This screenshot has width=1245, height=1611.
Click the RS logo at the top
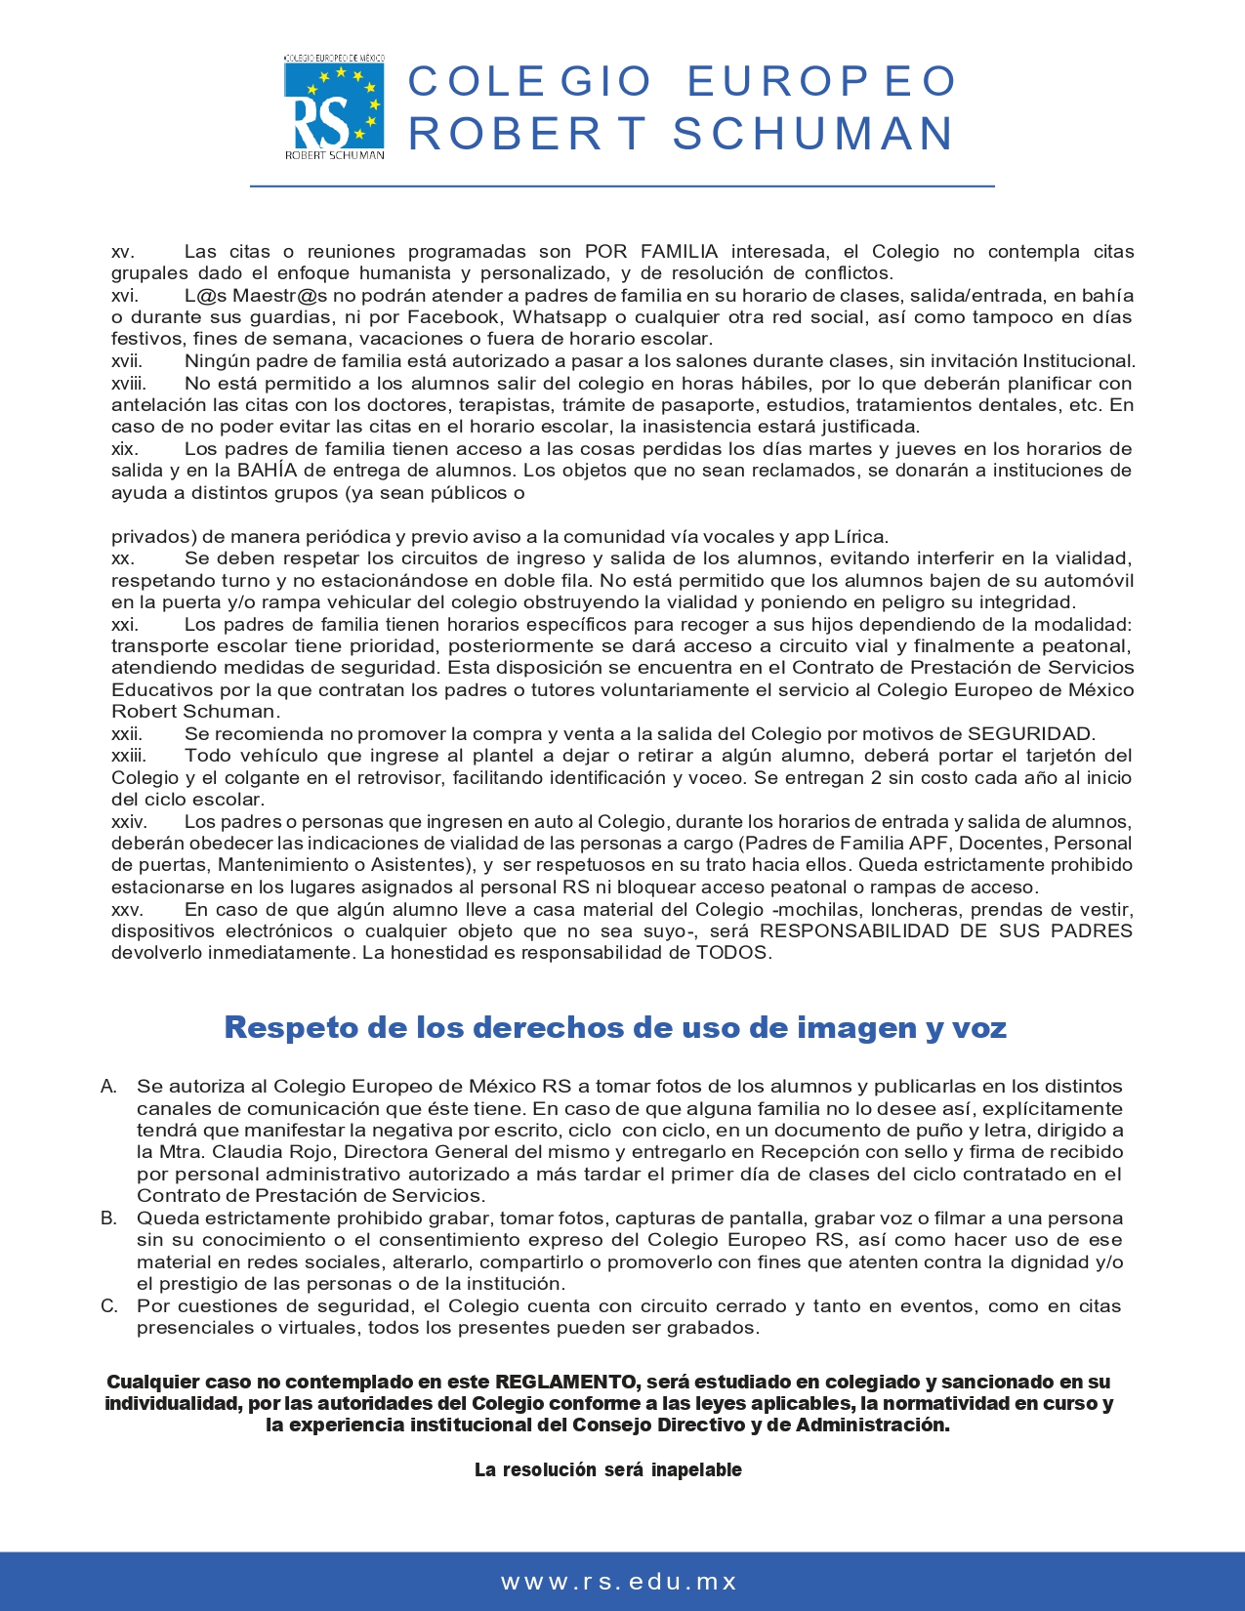334,106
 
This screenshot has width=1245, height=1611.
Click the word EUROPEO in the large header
822,82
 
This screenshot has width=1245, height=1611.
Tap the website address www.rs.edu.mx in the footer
619,1582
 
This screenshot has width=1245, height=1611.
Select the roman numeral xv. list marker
122,252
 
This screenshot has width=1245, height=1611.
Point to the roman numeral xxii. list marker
127,734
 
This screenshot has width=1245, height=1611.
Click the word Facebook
454,317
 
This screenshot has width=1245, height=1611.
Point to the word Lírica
860,537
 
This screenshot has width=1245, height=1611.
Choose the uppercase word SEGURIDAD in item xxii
1029,734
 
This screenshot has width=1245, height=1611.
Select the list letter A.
108,1087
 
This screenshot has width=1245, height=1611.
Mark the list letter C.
108,1306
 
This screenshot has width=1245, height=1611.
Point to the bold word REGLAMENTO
565,1382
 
